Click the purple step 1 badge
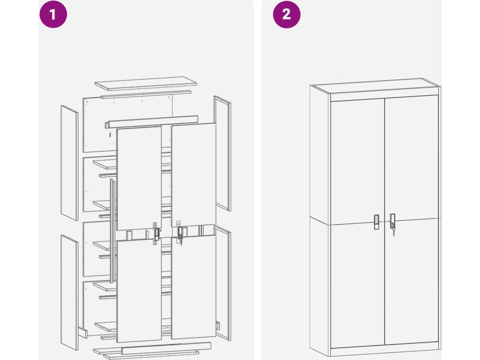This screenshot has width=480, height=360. point(53,15)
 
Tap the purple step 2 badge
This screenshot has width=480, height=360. point(286,15)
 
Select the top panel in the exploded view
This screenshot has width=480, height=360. point(146,83)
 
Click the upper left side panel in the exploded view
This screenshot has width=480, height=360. point(69,163)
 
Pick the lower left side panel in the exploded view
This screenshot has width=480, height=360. point(69,293)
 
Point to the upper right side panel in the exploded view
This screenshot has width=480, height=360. point(223,153)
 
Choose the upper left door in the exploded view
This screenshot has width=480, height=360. point(139,178)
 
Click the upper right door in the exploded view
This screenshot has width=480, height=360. point(194,175)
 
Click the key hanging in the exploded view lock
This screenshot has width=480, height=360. point(180,242)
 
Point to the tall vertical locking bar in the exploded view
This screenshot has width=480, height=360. point(112,231)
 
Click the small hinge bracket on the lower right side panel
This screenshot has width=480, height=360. point(218,325)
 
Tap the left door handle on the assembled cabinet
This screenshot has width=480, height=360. point(376,222)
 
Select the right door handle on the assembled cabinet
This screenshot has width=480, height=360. point(392,221)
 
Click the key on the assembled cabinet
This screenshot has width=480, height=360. point(393,233)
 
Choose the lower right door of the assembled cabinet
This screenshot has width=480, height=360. point(412,283)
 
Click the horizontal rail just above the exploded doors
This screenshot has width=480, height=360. point(151,122)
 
